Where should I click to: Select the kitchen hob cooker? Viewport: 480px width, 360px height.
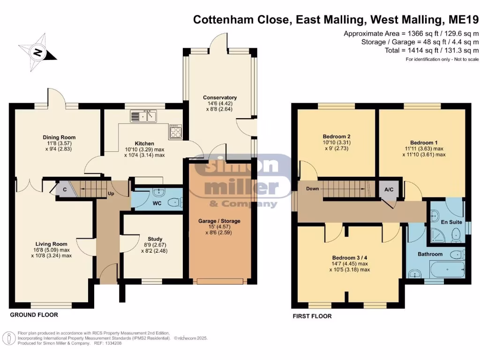pyautogui.click(x=175, y=131)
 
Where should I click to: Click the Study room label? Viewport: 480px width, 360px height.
pyautogui.click(x=151, y=238)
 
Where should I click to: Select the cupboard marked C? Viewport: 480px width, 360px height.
pyautogui.click(x=64, y=190)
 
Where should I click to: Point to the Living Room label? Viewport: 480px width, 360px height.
pyautogui.click(x=52, y=244)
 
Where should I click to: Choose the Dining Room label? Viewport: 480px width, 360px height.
pyautogui.click(x=59, y=137)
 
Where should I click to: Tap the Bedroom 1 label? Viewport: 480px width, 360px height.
pyautogui.click(x=423, y=142)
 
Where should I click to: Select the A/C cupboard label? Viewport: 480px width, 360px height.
pyautogui.click(x=389, y=190)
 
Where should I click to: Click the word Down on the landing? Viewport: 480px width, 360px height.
pyautogui.click(x=313, y=188)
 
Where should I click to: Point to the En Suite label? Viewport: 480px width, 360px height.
pyautogui.click(x=452, y=222)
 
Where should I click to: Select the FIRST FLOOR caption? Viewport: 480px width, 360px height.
pyautogui.click(x=312, y=316)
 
